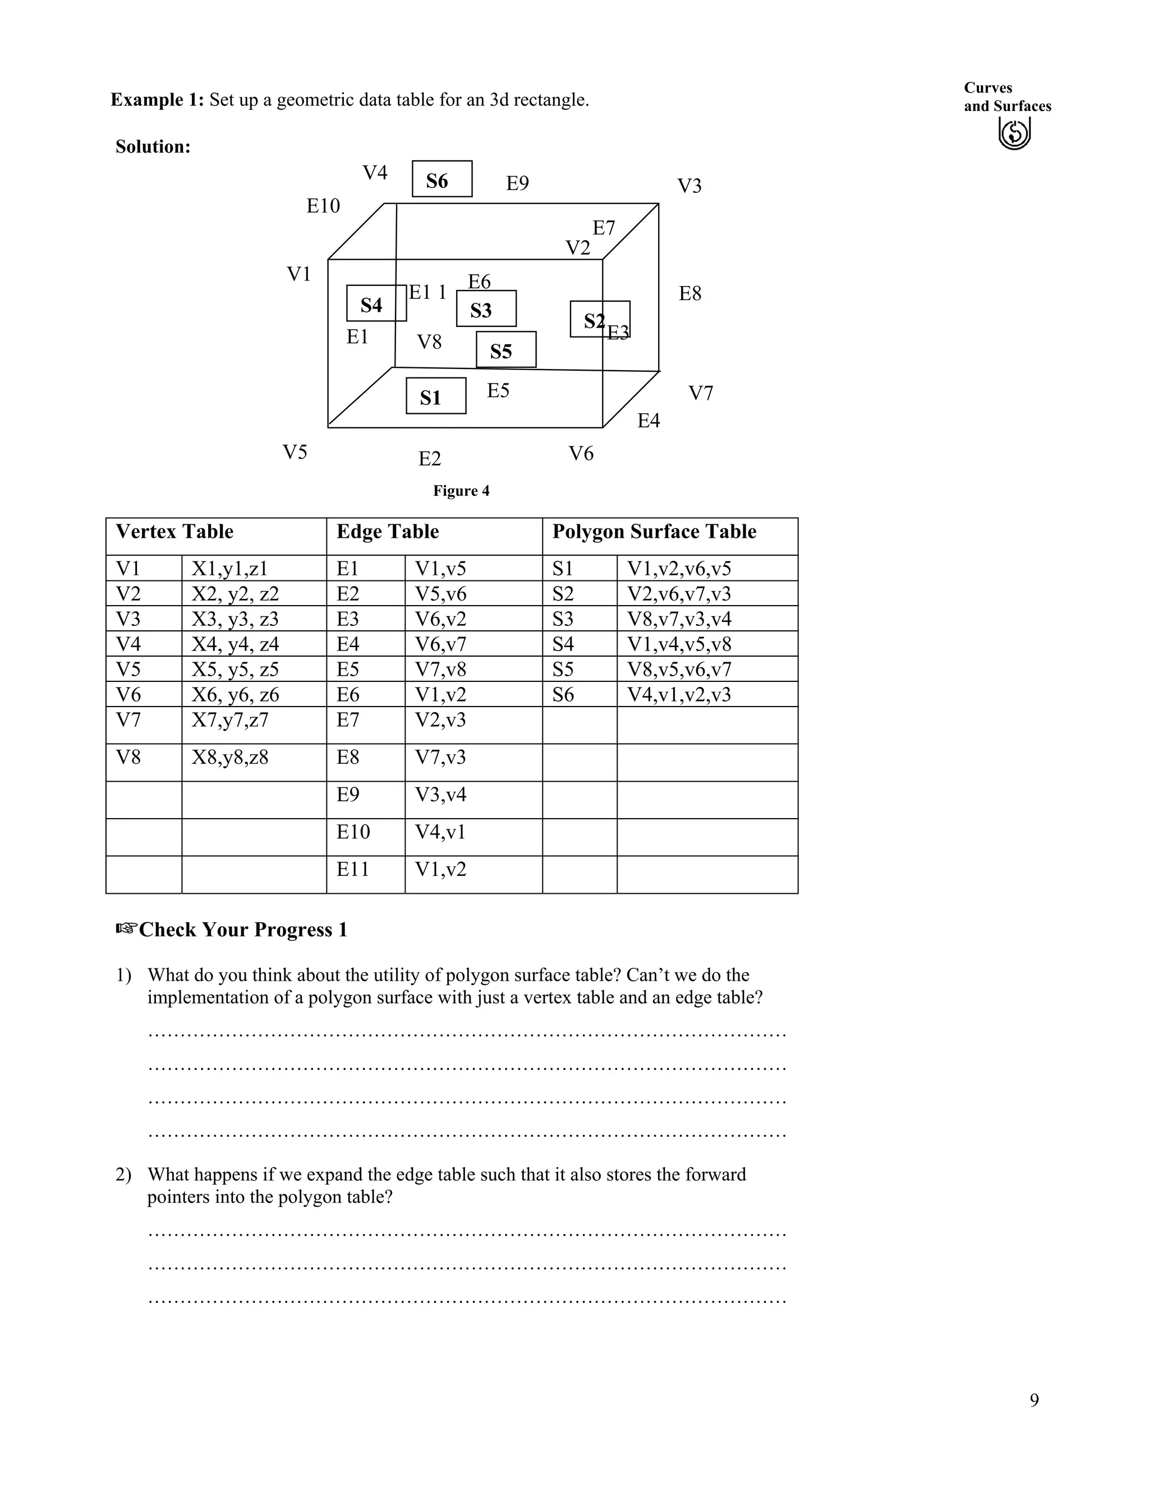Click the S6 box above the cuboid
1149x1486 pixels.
tap(442, 179)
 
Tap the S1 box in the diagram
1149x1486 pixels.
tap(435, 396)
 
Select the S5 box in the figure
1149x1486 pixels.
tap(505, 350)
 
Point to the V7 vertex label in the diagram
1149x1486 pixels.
tap(700, 393)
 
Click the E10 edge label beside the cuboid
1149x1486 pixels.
tap(323, 205)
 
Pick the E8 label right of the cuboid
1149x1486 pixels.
tap(690, 293)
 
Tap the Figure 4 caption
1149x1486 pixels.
tap(461, 491)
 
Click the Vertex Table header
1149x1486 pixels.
tap(174, 532)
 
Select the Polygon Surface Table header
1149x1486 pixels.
tap(654, 532)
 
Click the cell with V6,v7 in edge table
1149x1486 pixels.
tap(440, 644)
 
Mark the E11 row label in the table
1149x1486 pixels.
tap(352, 869)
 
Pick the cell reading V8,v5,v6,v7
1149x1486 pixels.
tap(679, 669)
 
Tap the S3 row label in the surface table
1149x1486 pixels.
tap(563, 619)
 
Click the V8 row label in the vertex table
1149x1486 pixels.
tap(128, 756)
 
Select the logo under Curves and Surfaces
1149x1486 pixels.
tap(1014, 133)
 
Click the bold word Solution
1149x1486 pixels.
tap(153, 146)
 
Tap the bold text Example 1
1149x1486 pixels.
tap(157, 100)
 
